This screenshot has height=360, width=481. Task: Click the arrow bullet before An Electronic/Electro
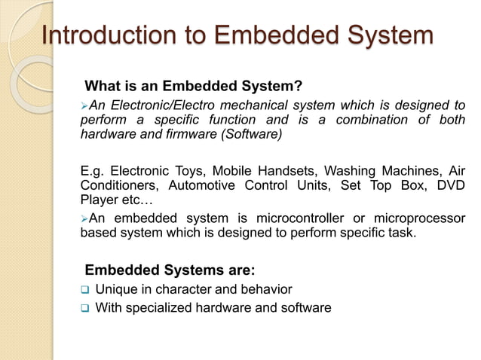click(x=84, y=105)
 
